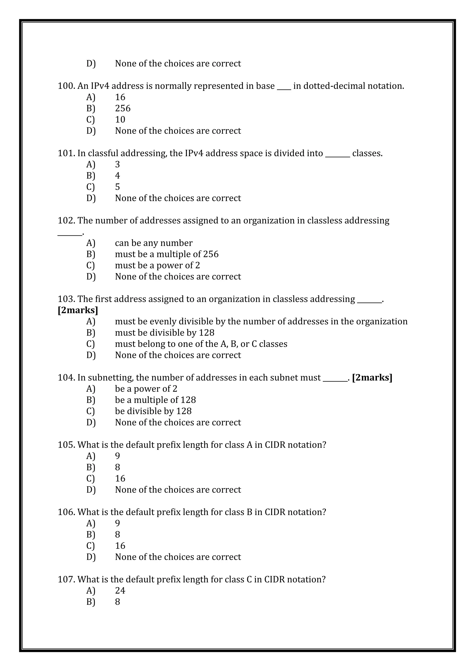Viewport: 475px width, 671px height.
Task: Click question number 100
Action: pos(66,86)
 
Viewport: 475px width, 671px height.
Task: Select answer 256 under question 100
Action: pos(122,108)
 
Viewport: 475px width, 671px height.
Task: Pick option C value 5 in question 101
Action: pos(117,187)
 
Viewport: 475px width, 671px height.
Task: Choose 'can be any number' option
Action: pos(154,243)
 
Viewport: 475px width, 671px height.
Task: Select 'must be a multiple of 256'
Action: pos(167,254)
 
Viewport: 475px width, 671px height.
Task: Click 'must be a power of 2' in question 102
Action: pos(157,265)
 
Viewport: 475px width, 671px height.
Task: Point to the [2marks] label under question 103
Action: pos(78,310)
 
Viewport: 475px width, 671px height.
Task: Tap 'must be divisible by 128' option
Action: pos(164,332)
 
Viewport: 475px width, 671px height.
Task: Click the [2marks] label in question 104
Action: pos(372,378)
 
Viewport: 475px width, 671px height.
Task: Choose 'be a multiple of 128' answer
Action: pos(155,400)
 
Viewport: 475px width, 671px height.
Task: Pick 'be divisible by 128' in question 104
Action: pos(153,411)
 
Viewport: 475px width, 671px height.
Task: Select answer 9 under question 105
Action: pos(117,456)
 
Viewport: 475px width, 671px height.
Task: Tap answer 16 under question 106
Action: pos(120,546)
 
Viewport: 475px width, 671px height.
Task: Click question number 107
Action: pos(66,579)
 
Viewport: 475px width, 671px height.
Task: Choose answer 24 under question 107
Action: pos(120,591)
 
